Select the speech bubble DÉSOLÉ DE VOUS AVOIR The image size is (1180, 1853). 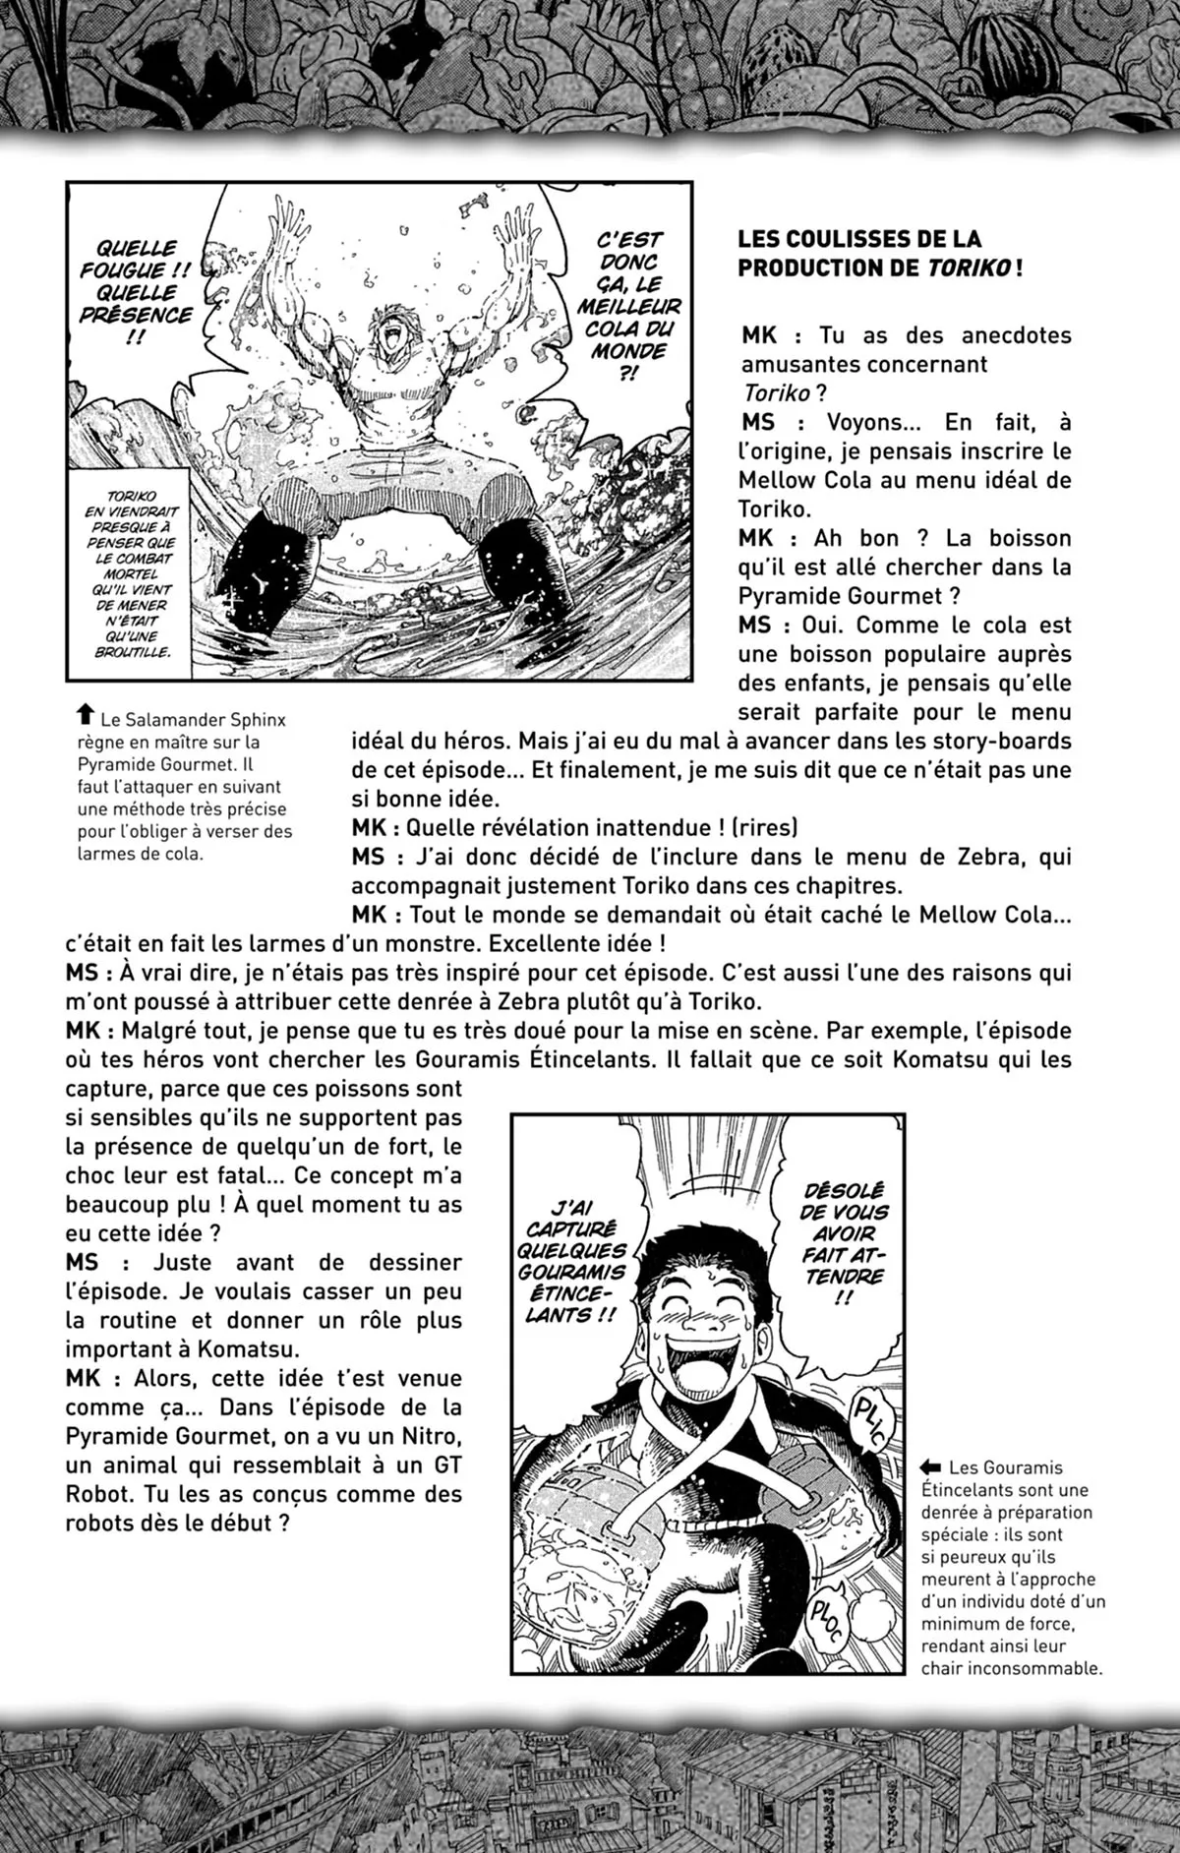click(843, 1240)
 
